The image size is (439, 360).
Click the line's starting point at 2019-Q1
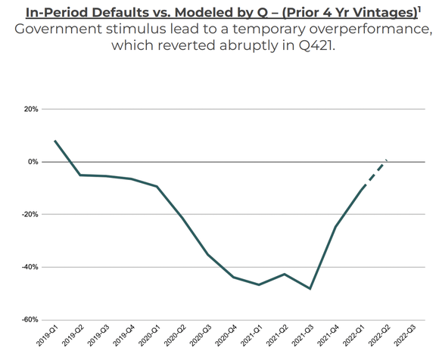coord(55,141)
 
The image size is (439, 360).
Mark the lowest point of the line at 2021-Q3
coord(310,289)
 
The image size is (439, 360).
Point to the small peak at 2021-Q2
coord(285,274)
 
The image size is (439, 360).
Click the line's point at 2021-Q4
coord(336,226)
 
